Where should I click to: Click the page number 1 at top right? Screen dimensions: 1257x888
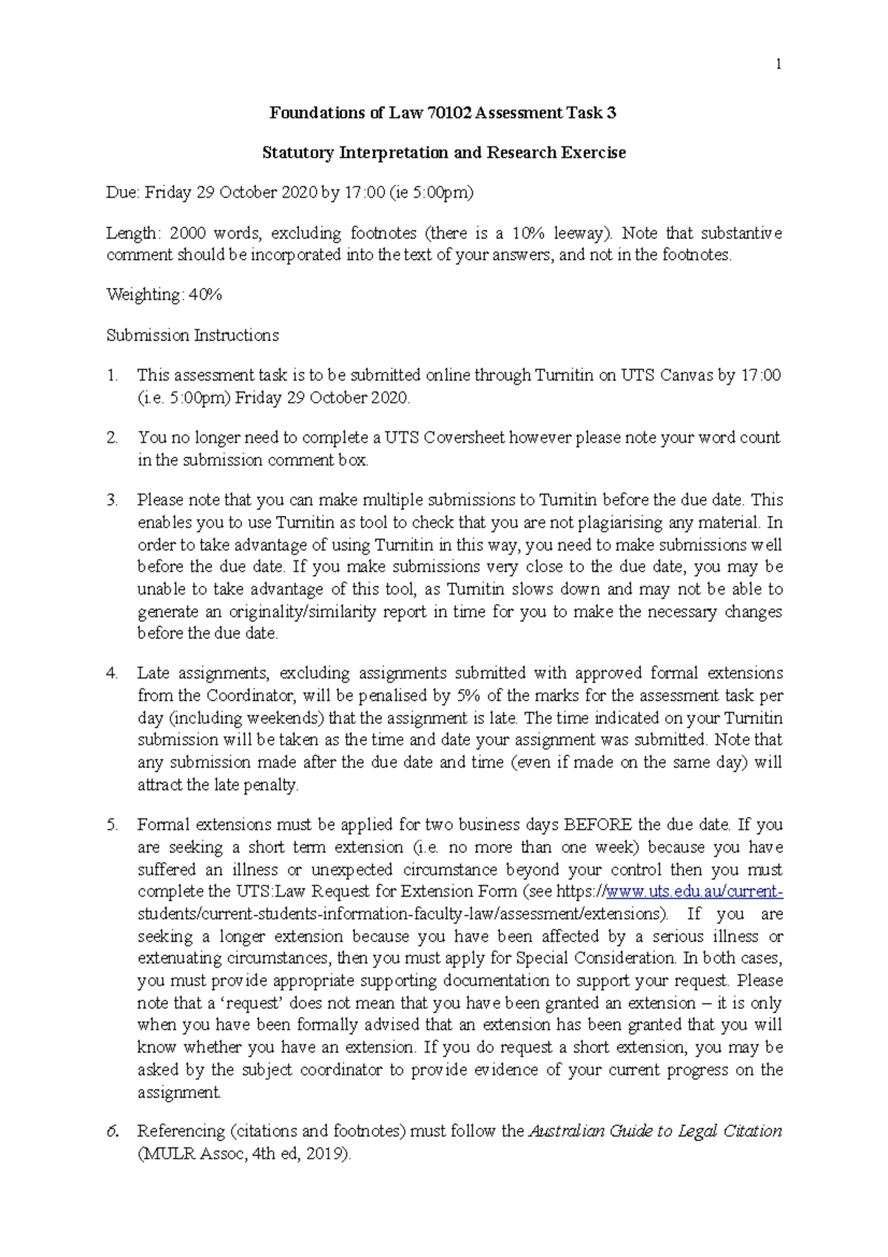778,64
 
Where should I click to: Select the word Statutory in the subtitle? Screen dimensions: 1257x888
298,152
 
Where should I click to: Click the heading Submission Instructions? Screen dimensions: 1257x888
192,335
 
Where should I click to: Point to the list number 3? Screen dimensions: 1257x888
112,500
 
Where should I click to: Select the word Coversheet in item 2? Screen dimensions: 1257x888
464,438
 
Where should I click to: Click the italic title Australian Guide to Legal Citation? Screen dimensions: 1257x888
655,1131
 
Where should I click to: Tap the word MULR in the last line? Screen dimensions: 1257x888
170,1154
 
